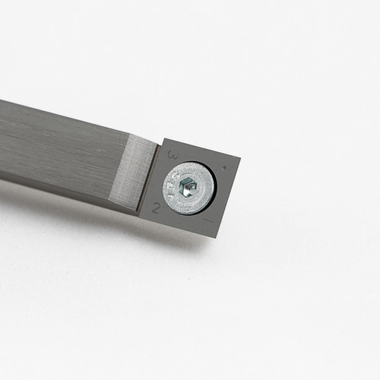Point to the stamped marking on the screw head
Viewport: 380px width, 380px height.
(174, 183)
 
